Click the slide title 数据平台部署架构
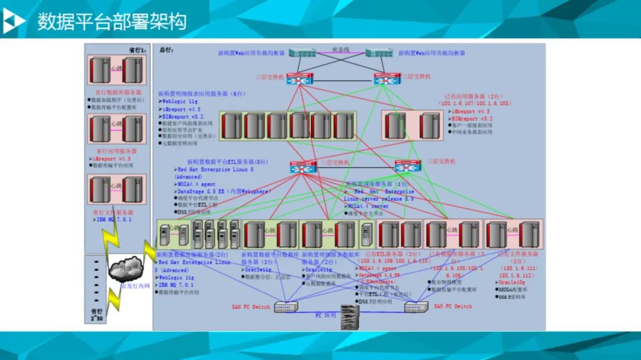tap(112, 21)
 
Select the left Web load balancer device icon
tap(303, 53)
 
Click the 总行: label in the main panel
tap(166, 50)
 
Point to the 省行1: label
tap(137, 50)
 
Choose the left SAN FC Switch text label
tap(250, 307)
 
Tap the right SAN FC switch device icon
tap(415, 307)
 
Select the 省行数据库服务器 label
tap(119, 93)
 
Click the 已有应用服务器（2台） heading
tap(472, 95)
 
